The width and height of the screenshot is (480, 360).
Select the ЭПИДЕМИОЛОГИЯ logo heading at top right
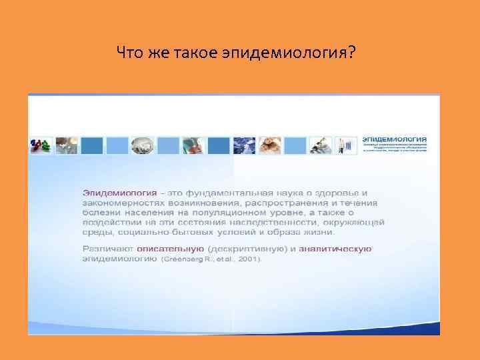395,138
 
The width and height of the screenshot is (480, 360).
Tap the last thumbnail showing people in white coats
347,145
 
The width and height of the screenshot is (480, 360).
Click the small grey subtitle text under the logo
395,148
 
